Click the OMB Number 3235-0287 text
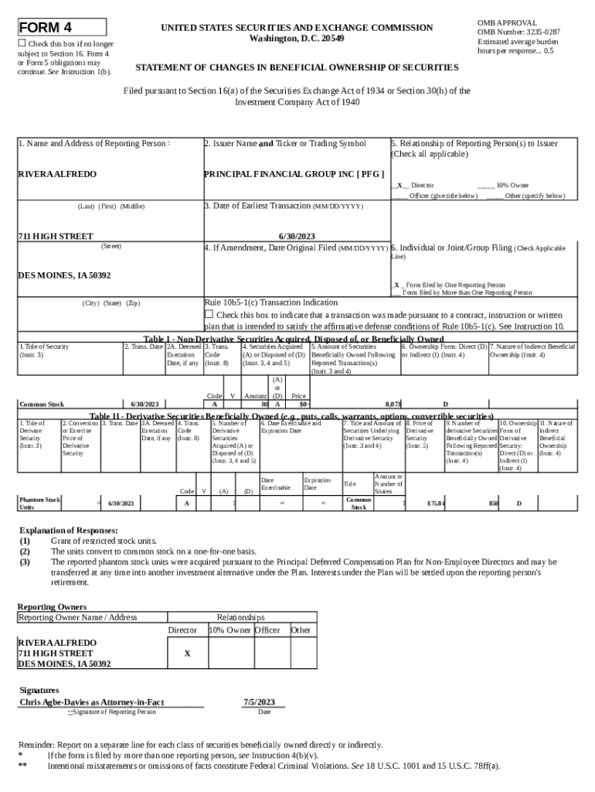click(518, 32)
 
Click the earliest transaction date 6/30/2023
click(296, 236)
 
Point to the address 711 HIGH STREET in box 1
click(56, 236)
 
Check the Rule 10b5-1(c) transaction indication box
click(209, 314)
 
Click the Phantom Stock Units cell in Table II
click(39, 504)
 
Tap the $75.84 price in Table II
click(436, 504)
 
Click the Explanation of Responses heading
click(69, 531)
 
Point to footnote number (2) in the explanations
click(25, 551)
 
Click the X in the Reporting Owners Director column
click(187, 654)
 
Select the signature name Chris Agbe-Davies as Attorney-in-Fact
click(91, 702)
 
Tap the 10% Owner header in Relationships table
click(230, 630)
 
